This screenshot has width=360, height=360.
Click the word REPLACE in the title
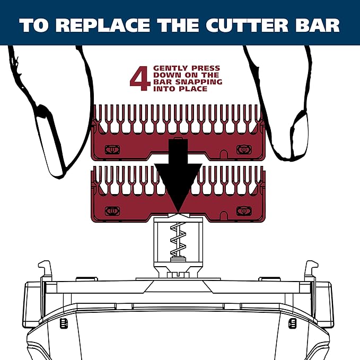pos(104,26)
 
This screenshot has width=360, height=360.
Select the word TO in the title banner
pos(34,26)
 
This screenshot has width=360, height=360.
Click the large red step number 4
pos(139,79)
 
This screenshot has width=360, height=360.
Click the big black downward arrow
pos(178,175)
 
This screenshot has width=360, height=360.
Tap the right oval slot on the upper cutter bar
pos(244,150)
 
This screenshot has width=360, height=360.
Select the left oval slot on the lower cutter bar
pos(112,210)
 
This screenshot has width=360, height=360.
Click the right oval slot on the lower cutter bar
pos(244,210)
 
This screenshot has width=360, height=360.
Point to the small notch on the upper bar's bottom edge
pos(224,154)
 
